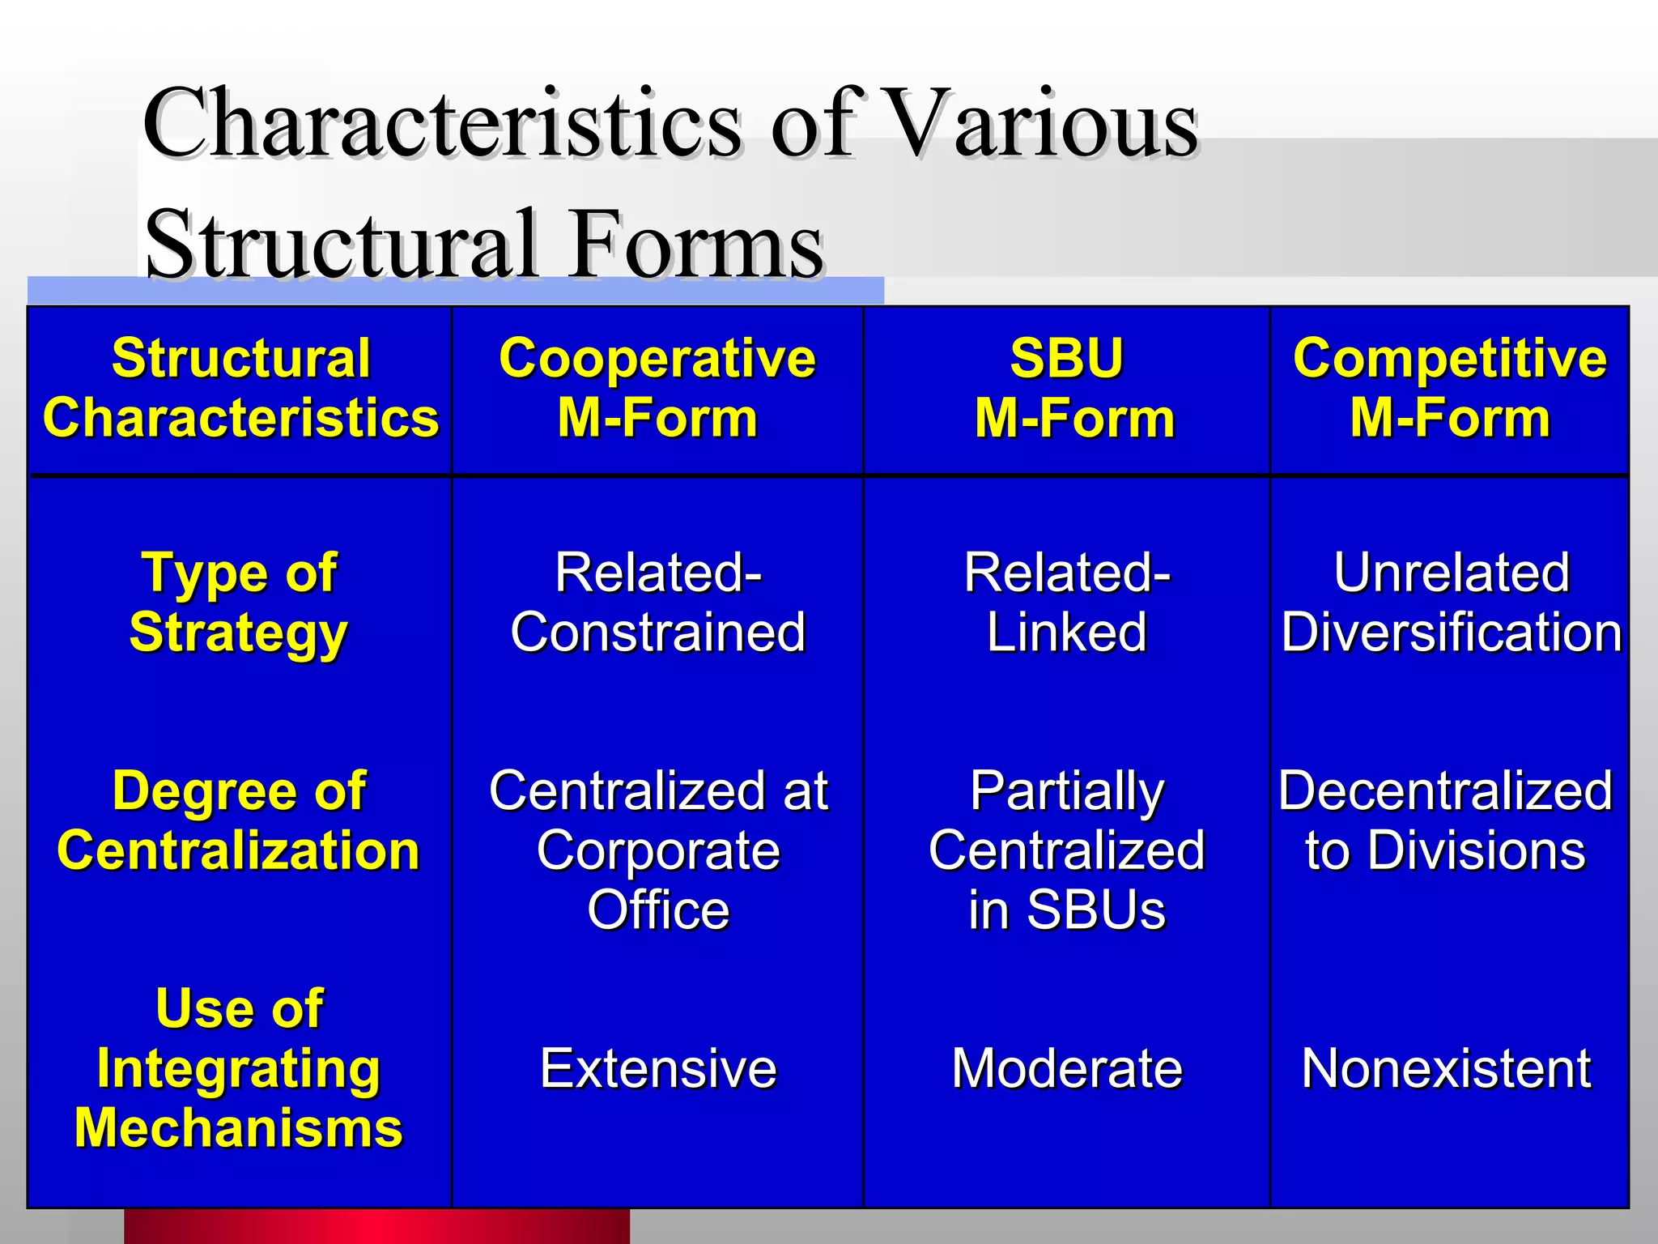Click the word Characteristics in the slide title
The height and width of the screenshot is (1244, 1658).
441,123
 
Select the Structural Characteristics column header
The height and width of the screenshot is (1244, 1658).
240,389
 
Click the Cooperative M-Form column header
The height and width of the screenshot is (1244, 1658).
657,389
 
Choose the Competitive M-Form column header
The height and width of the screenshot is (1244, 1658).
1449,389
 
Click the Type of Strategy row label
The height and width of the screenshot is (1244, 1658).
239,603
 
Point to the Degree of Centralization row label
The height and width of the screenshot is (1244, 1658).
239,820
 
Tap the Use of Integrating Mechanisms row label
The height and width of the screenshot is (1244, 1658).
239,1068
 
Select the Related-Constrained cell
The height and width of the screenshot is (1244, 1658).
657,603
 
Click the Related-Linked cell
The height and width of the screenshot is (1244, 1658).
1067,603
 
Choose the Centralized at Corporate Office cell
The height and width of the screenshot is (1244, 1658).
657,850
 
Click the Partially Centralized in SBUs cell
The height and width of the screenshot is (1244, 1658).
1067,850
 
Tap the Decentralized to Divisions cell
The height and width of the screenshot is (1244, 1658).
1446,820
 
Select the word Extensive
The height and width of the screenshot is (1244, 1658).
657,1068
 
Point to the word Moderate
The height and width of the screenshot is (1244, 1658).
1067,1068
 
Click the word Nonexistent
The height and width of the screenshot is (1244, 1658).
1446,1068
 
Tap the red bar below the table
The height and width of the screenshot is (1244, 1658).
376,1226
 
